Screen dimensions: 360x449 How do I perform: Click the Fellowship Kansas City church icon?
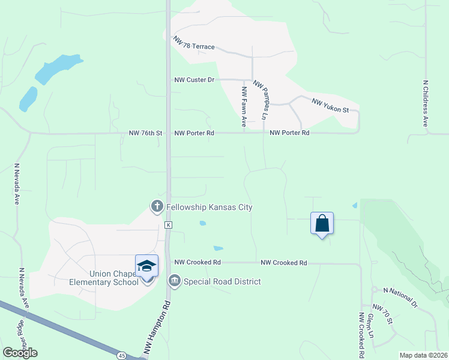(157, 206)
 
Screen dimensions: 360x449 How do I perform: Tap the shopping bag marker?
(322, 224)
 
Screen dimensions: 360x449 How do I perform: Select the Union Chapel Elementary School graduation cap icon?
(146, 266)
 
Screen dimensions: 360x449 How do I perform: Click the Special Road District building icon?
(175, 281)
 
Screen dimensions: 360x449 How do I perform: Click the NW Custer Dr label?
(194, 79)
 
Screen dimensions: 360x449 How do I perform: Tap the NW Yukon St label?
(330, 106)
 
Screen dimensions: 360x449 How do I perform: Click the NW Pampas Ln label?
(261, 99)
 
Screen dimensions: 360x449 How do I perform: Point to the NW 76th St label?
(146, 133)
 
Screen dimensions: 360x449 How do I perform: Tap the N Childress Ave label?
(425, 103)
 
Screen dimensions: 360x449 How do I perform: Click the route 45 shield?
(122, 356)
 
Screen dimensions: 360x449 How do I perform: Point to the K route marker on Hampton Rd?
(169, 224)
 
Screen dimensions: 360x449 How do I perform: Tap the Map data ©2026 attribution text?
(423, 355)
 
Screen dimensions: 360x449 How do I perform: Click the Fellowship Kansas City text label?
(209, 207)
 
